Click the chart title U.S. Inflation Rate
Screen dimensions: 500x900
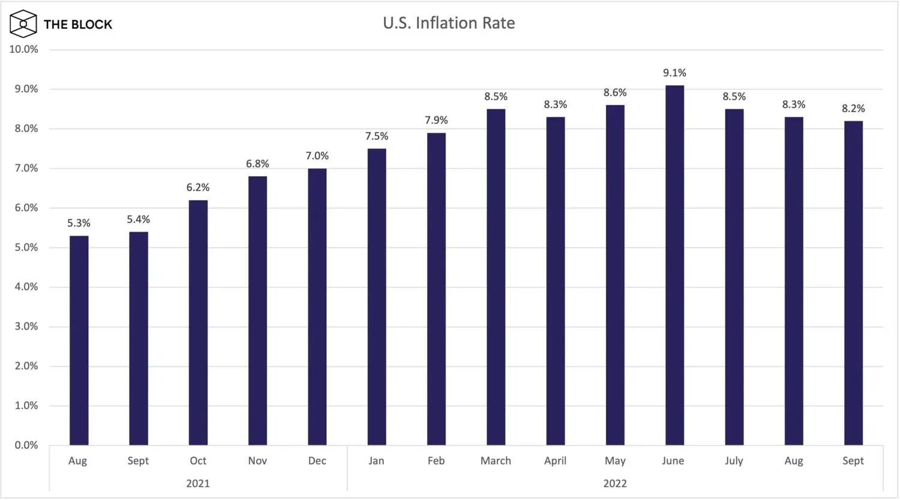tap(449, 23)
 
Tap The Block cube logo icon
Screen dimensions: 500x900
tap(23, 24)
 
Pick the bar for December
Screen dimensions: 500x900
tap(317, 306)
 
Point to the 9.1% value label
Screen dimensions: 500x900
tap(674, 73)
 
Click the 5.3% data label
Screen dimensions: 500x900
tap(79, 223)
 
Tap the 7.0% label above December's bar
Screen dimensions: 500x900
tap(317, 156)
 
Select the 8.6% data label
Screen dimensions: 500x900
tap(615, 92)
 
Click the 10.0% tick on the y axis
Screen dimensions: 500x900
tap(24, 49)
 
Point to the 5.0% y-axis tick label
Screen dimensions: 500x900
tap(26, 247)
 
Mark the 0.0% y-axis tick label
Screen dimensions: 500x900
tap(26, 445)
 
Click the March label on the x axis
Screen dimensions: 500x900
tap(496, 460)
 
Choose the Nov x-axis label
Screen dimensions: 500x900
tap(257, 460)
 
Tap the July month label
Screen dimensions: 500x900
tap(734, 460)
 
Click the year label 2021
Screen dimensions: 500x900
tap(198, 483)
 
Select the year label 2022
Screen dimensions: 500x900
tap(615, 483)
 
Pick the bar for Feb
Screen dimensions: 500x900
tap(436, 288)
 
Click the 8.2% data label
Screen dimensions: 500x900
tap(853, 109)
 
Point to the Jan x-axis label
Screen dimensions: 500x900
tap(376, 460)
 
